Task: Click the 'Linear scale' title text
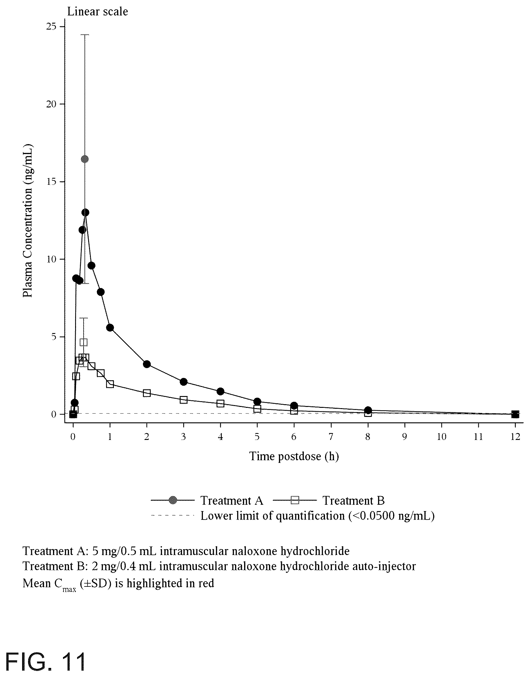click(98, 12)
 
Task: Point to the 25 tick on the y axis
click(62, 27)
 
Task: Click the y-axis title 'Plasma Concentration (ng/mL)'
click(28, 221)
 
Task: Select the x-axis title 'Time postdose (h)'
click(294, 456)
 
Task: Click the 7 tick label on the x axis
click(331, 437)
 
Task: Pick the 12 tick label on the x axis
click(515, 437)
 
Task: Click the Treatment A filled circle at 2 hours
click(147, 364)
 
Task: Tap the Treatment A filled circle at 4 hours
click(220, 391)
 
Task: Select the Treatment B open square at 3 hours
click(184, 400)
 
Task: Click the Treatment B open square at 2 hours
click(147, 393)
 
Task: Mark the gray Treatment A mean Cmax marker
click(85, 159)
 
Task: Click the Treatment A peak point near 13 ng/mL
click(85, 213)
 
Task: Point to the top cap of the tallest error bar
click(85, 35)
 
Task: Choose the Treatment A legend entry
click(207, 500)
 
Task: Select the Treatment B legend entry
click(329, 500)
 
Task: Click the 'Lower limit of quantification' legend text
click(317, 516)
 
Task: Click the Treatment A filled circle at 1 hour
click(110, 328)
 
